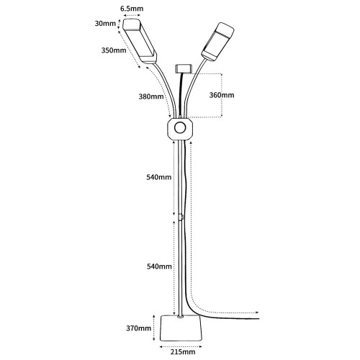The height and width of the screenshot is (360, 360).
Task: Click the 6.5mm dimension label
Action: pyautogui.click(x=132, y=9)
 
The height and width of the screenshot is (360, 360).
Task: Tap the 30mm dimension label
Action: pyautogui.click(x=105, y=24)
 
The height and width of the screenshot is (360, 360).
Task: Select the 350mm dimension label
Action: pyautogui.click(x=114, y=50)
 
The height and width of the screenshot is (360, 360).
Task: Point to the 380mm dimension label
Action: pyautogui.click(x=151, y=96)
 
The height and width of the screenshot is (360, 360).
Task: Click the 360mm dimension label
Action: pyautogui.click(x=222, y=95)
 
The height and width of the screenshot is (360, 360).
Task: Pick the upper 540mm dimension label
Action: pyautogui.click(x=159, y=177)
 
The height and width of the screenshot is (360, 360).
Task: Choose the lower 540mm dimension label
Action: pyautogui.click(x=159, y=266)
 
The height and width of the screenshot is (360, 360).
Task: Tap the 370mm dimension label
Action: pyautogui.click(x=139, y=328)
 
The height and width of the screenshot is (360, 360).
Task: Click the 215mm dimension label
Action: pyautogui.click(x=183, y=352)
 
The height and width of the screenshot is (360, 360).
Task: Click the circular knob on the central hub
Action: pyautogui.click(x=180, y=128)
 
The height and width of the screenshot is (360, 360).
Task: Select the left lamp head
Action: pyautogui.click(x=140, y=41)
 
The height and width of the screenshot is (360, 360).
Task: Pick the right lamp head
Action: pyautogui.click(x=217, y=42)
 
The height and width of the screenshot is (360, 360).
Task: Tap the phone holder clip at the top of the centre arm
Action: pyautogui.click(x=184, y=68)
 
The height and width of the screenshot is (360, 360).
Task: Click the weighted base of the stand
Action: pyautogui.click(x=181, y=328)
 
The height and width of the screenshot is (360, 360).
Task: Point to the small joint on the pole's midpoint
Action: pyautogui.click(x=181, y=217)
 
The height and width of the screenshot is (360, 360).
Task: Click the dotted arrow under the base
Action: pyautogui.click(x=181, y=346)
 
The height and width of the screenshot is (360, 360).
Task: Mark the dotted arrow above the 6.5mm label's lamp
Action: pyautogui.click(x=131, y=14)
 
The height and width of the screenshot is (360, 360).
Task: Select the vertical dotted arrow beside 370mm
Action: pyautogui.click(x=153, y=328)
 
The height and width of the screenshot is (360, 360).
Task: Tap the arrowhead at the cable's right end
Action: pyautogui.click(x=257, y=312)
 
